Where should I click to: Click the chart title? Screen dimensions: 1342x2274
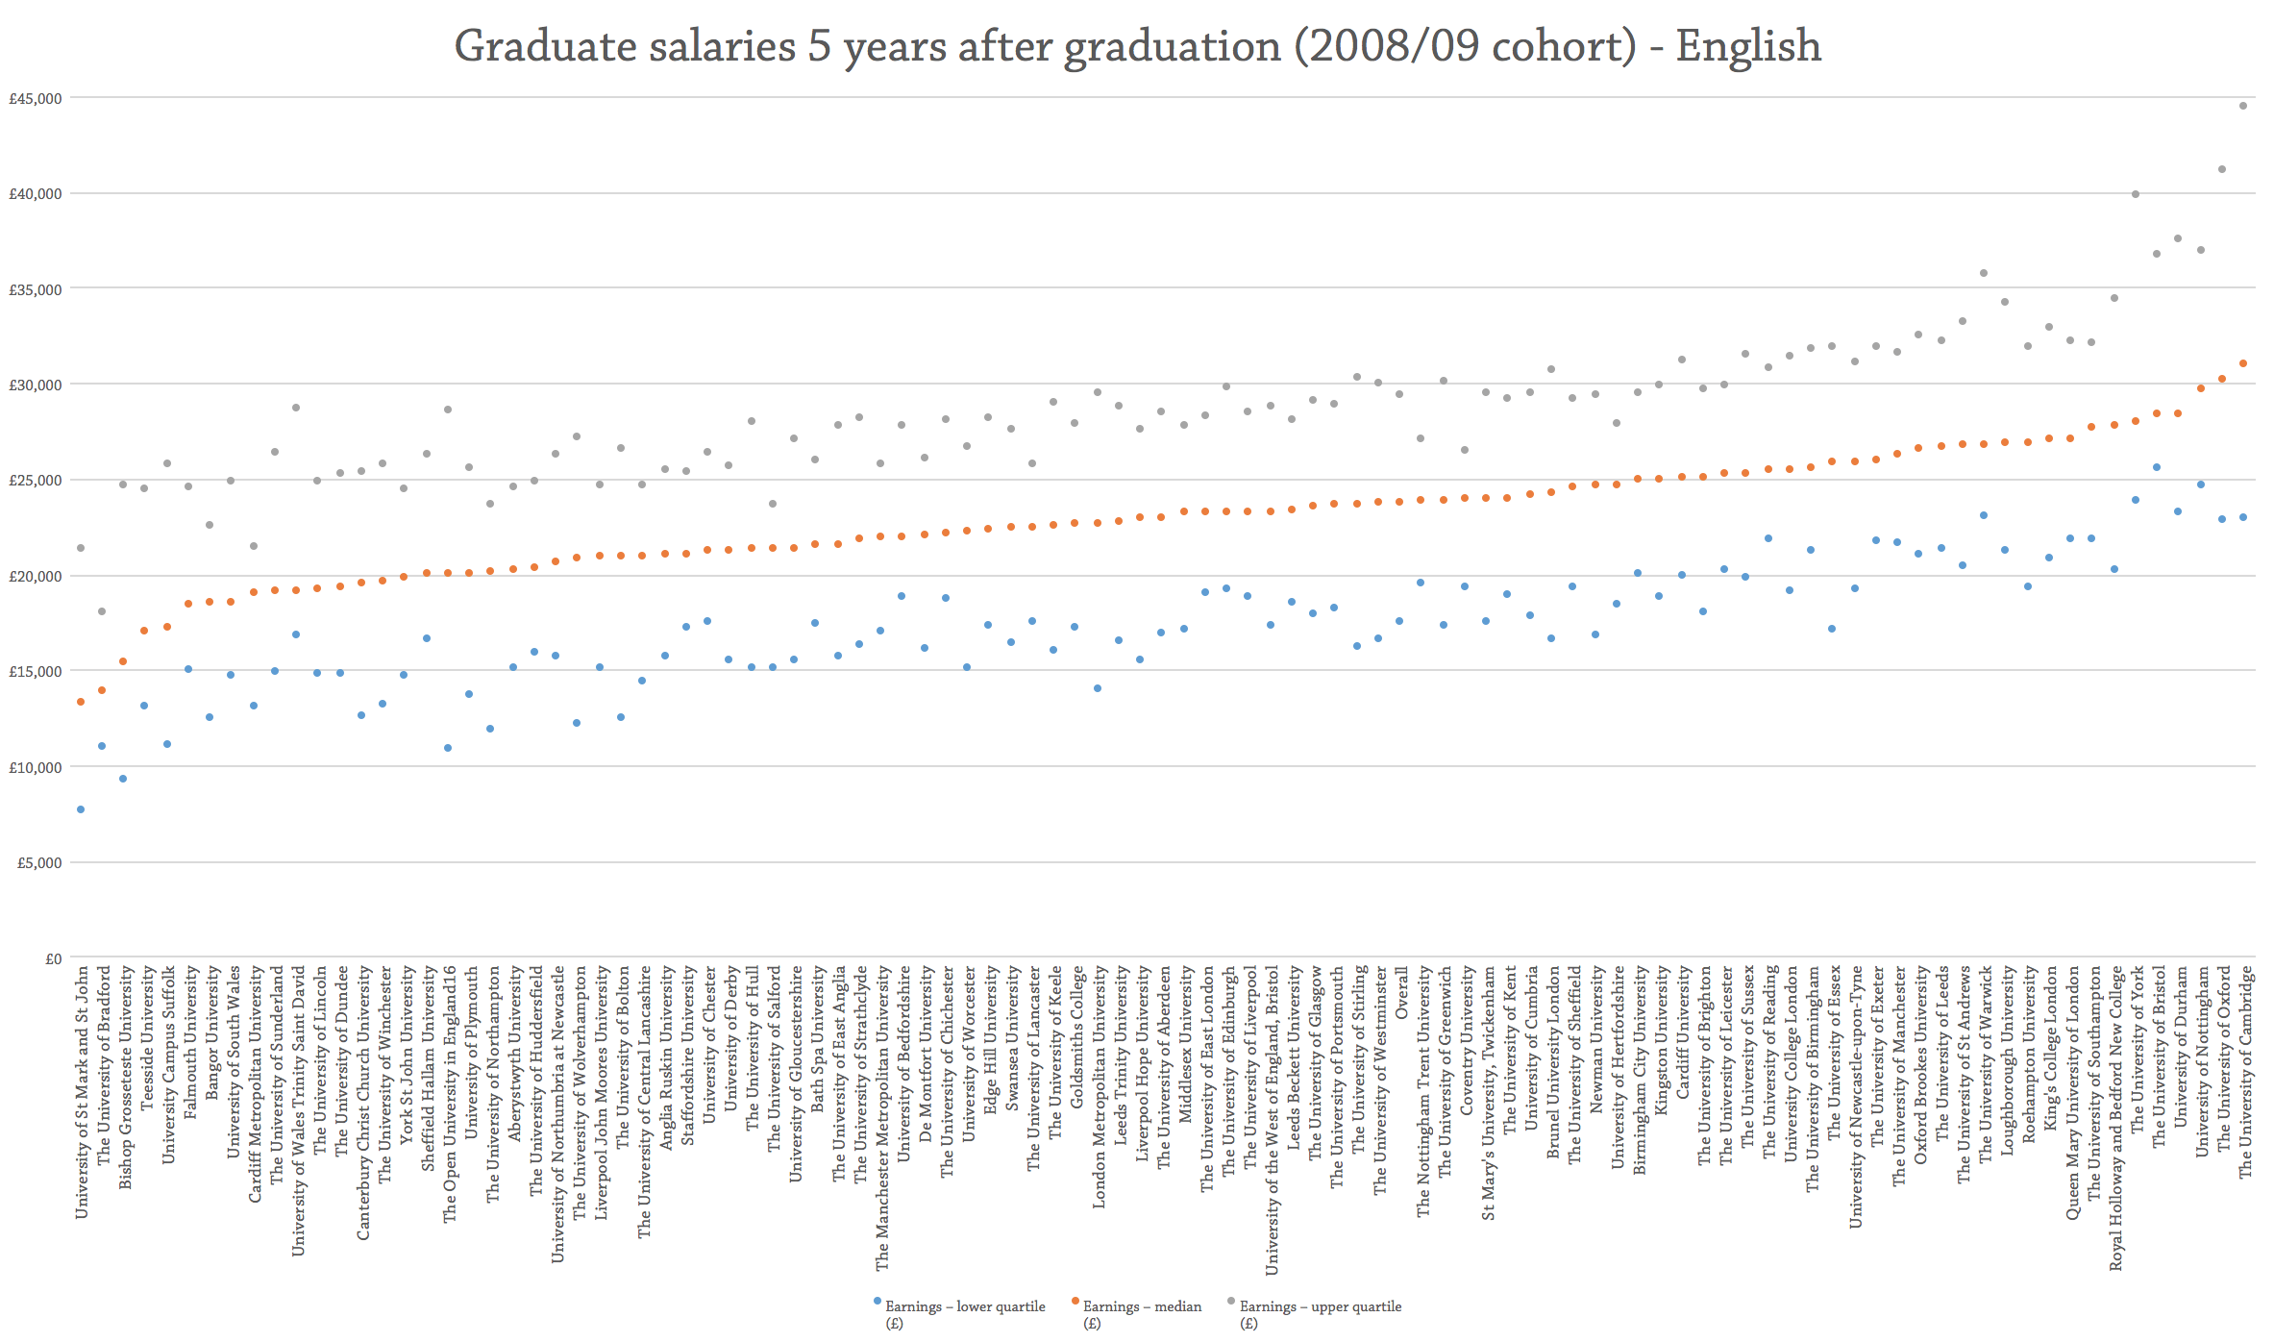coord(1137,46)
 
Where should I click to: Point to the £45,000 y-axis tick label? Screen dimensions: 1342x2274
coord(36,98)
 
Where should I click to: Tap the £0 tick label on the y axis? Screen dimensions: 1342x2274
coord(53,958)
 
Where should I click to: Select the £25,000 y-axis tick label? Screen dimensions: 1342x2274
coord(36,481)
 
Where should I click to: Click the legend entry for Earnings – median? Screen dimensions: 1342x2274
coord(1142,1306)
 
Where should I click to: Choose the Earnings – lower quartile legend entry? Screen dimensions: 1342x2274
coord(964,1306)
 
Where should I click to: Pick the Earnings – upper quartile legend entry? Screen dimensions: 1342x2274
coord(1320,1306)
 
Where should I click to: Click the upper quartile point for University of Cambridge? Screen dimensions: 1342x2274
coord(2243,106)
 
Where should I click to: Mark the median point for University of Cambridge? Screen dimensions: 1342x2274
coord(2243,363)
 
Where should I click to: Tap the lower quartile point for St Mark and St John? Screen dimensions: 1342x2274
coord(81,809)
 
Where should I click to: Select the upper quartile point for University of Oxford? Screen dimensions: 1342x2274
coord(2222,169)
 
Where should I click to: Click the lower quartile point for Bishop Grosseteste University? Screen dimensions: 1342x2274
coord(123,779)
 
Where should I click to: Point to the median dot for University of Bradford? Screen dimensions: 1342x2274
coord(102,690)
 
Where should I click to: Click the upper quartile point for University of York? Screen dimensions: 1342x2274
coord(2136,194)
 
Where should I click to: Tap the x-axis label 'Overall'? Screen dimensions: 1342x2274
coord(1401,993)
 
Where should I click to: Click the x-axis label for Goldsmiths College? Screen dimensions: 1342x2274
coord(1076,1036)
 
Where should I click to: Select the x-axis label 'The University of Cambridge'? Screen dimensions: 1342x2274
coord(2245,1072)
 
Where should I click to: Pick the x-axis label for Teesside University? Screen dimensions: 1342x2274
coord(147,1039)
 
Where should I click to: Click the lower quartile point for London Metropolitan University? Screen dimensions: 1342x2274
coord(1098,688)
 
